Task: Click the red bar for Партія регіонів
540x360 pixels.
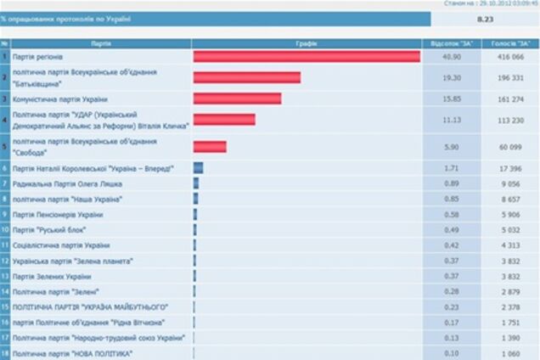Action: [x=307, y=57]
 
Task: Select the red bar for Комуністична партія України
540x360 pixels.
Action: [x=237, y=98]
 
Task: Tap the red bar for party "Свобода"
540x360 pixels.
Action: [x=210, y=147]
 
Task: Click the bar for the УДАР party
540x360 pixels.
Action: [x=224, y=120]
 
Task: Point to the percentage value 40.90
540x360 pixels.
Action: [x=452, y=57]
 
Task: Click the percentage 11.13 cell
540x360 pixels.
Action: [x=452, y=120]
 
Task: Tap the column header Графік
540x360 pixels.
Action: [x=307, y=42]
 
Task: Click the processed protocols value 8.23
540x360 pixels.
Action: [x=485, y=18]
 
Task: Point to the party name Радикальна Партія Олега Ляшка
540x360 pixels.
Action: [x=66, y=183]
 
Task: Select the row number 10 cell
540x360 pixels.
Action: [x=5, y=229]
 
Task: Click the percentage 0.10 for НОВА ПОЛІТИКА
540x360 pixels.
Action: [x=452, y=352]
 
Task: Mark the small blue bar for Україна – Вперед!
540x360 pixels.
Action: [x=198, y=168]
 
